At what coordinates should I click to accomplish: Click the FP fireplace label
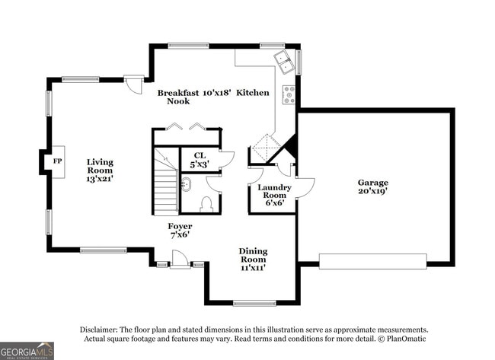57,161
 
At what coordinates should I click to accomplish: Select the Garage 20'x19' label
373,187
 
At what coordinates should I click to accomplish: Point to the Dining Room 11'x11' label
253,260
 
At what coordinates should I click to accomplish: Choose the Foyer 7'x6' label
180,231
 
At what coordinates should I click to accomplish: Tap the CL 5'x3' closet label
200,160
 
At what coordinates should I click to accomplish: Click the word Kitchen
253,92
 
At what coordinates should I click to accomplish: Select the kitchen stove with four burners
289,94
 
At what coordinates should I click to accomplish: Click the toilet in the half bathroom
205,203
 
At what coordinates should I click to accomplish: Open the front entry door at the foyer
180,261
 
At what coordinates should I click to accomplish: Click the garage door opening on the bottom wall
373,261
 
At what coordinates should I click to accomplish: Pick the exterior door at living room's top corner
133,82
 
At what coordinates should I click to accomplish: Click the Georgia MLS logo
27,350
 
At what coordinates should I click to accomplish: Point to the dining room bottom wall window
254,303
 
